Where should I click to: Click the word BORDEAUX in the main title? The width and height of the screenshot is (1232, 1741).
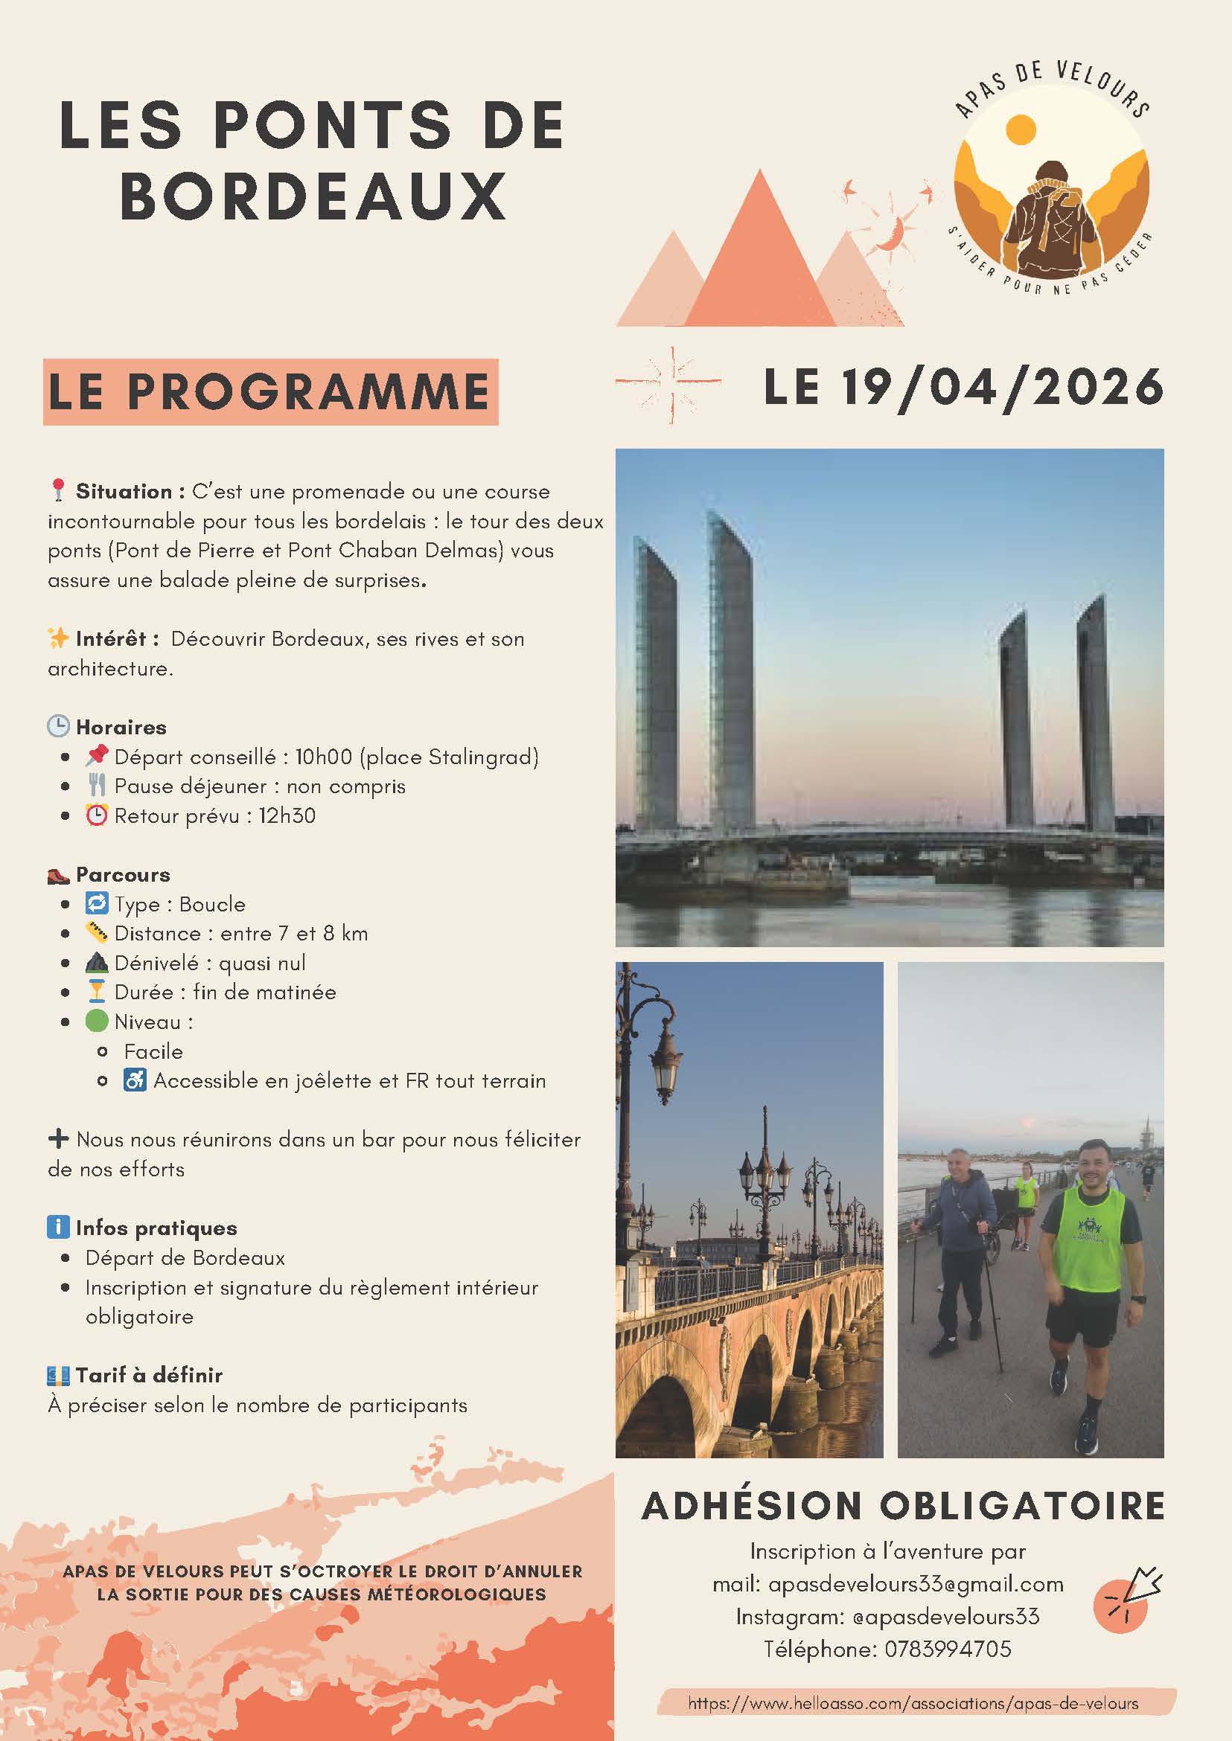(313, 196)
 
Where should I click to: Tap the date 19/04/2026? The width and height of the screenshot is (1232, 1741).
(1002, 388)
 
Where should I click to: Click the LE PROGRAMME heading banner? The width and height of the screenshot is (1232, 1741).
(270, 392)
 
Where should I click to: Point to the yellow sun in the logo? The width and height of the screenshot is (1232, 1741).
(1021, 129)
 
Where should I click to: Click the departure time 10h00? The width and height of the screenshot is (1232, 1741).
(324, 757)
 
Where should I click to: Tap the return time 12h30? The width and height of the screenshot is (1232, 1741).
(287, 816)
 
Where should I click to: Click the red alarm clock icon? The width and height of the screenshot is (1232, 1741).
(96, 816)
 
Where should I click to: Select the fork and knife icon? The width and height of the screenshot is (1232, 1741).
(96, 786)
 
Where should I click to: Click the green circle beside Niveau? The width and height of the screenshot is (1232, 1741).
(96, 1022)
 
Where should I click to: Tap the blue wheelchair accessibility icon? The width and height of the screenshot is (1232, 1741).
(134, 1080)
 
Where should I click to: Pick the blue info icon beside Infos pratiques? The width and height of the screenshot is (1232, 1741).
(57, 1228)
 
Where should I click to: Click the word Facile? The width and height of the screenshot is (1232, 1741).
(153, 1052)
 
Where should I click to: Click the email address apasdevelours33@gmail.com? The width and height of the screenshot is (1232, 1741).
(916, 1585)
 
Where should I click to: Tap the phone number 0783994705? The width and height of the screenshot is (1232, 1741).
(948, 1649)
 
